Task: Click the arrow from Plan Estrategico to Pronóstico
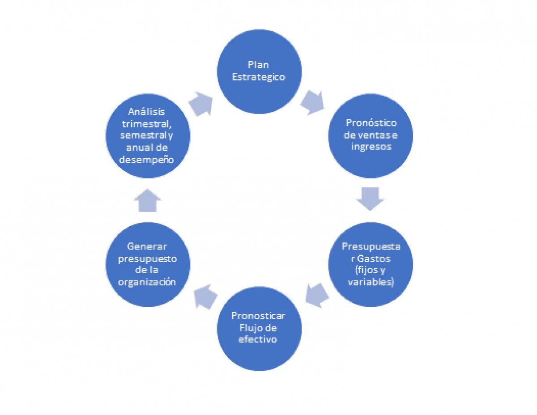click(x=312, y=102)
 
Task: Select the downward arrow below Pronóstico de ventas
click(x=371, y=198)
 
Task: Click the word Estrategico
click(x=259, y=77)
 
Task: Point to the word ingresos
click(x=371, y=146)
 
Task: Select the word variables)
click(x=371, y=283)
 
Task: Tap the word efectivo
click(x=258, y=339)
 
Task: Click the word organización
click(x=147, y=282)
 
